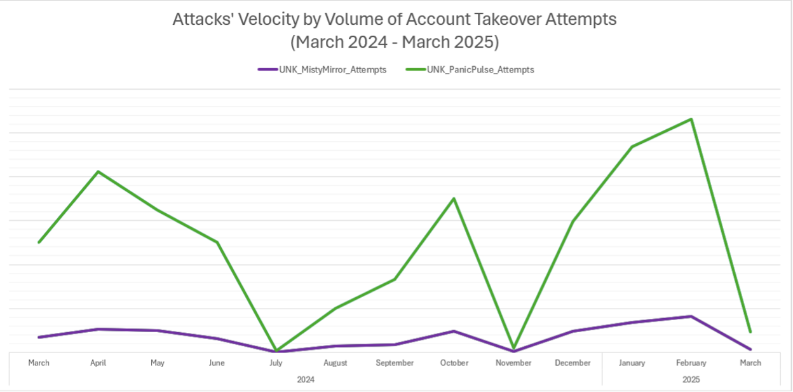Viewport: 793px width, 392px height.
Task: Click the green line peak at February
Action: (x=691, y=119)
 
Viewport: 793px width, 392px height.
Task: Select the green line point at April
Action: (x=98, y=172)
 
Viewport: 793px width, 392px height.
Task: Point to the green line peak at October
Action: (x=454, y=199)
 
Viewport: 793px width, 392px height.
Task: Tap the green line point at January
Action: (x=632, y=147)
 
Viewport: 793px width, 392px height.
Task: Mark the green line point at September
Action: (x=395, y=279)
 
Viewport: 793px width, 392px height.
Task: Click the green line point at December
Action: (x=573, y=221)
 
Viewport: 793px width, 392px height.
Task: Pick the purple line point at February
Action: (x=691, y=316)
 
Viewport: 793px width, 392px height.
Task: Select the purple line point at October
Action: (x=454, y=331)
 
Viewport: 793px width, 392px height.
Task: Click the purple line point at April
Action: (x=98, y=329)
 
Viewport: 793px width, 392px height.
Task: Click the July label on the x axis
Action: (x=276, y=363)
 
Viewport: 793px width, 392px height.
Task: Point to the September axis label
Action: (x=395, y=363)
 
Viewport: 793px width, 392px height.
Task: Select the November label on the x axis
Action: (x=513, y=363)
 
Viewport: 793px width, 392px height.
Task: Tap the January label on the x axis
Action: (x=632, y=363)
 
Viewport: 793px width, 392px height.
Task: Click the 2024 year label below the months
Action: (x=306, y=379)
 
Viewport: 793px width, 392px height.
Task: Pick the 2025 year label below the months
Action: (x=691, y=379)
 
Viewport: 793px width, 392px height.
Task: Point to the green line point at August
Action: (x=335, y=309)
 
